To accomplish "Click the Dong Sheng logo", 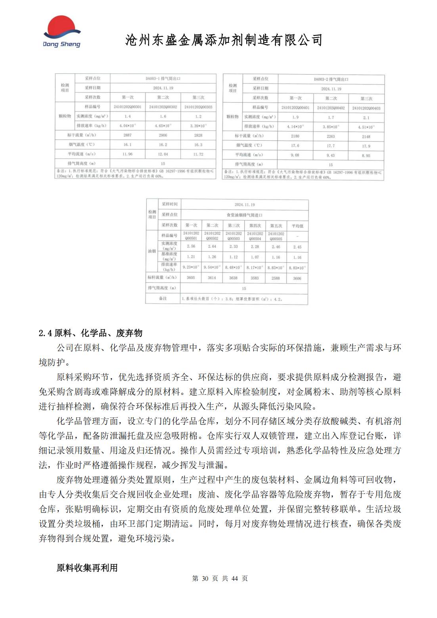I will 61,32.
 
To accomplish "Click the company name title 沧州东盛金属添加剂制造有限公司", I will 224,40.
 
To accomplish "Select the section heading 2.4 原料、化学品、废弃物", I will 90,333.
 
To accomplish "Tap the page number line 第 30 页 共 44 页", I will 220,578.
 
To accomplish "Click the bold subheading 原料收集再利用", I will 87,568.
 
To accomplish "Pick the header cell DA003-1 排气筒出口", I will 163,78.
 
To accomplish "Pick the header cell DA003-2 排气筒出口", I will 331,79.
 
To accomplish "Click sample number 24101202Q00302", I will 163,107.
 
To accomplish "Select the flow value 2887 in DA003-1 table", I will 127,135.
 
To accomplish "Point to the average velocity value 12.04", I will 163,154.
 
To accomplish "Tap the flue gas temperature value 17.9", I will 366,146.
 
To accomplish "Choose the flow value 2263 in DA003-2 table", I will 331,136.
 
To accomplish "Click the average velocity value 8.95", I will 366,156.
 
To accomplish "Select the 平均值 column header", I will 297,226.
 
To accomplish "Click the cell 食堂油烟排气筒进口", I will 244,215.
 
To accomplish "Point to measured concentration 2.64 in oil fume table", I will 212,247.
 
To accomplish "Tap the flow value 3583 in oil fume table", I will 255,278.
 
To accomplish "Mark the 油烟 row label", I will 152,251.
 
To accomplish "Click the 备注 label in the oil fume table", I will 163,298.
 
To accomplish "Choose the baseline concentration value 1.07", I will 255,257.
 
